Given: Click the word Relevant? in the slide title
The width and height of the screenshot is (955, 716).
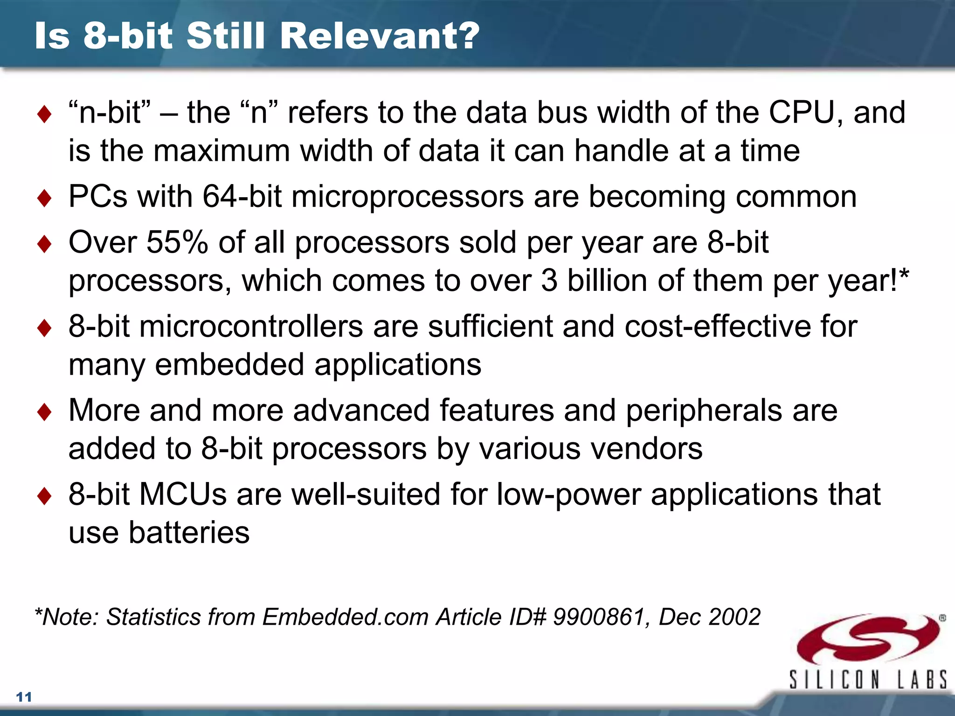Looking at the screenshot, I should [380, 36].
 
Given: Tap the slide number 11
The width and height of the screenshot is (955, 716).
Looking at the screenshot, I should [24, 697].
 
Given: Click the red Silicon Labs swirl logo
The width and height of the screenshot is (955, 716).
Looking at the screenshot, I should [867, 639].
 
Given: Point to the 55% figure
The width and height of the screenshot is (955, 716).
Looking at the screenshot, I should [177, 242].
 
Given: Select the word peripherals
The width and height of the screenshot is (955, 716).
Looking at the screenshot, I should [704, 411].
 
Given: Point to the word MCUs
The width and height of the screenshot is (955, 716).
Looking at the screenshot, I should [183, 494].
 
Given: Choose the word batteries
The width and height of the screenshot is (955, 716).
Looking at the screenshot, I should [189, 532].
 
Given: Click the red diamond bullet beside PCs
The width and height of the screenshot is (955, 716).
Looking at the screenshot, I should [44, 198].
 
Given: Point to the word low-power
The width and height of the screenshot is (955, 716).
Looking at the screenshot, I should [568, 494].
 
